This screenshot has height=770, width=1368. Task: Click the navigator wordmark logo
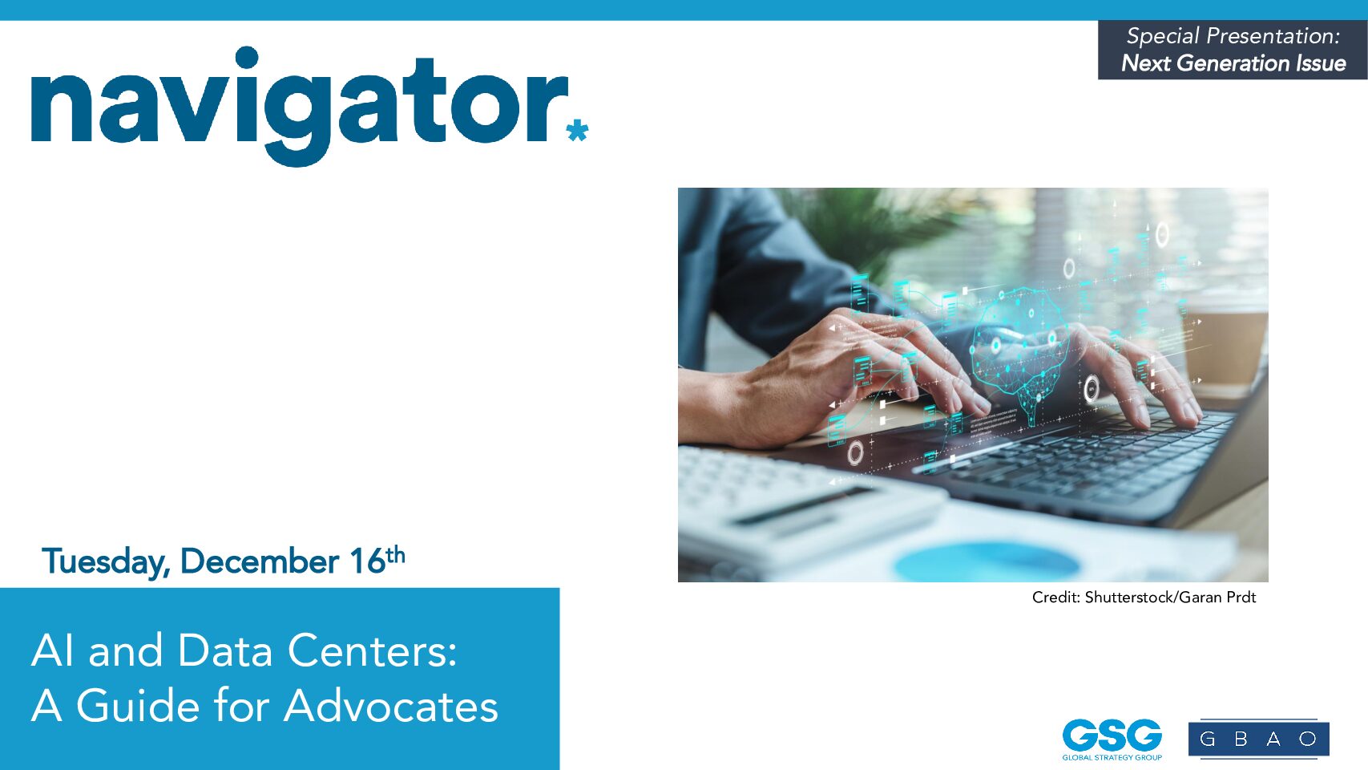(x=309, y=105)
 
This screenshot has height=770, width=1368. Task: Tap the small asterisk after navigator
(x=577, y=130)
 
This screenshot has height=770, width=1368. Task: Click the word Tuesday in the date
(x=106, y=561)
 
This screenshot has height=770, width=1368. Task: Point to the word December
(x=260, y=561)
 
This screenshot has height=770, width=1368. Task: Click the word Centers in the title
(x=372, y=650)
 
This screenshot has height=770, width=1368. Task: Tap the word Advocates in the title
(x=391, y=707)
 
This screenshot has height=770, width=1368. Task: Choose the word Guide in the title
(x=138, y=707)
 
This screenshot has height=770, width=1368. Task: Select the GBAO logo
(x=1259, y=739)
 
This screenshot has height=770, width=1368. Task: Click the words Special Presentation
(x=1233, y=36)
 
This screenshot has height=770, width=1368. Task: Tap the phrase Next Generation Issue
(x=1233, y=63)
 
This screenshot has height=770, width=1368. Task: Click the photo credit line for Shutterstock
(x=1144, y=597)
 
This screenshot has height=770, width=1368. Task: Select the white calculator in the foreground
(x=806, y=501)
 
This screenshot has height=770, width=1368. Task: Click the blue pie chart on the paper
(x=987, y=562)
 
